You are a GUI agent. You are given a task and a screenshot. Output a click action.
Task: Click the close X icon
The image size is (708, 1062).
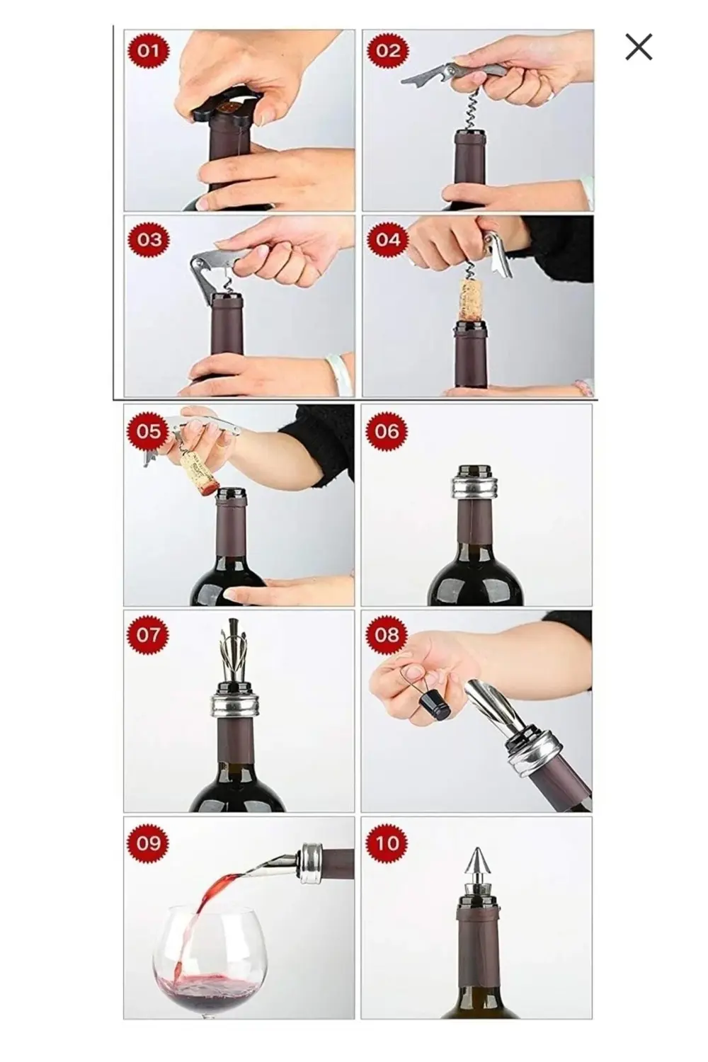pyautogui.click(x=639, y=47)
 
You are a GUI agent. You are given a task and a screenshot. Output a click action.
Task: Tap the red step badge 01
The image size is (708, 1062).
pyautogui.click(x=148, y=51)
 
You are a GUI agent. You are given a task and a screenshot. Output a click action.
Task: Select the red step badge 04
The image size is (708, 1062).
pyautogui.click(x=387, y=239)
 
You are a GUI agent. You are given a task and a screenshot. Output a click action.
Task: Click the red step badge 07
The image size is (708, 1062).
pyautogui.click(x=148, y=635)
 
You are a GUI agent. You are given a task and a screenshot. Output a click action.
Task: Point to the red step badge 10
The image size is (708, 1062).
pyautogui.click(x=387, y=843)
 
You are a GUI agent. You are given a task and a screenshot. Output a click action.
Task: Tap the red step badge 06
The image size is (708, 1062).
pyautogui.click(x=387, y=431)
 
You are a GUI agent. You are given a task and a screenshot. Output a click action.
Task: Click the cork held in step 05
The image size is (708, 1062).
pyautogui.click(x=199, y=471)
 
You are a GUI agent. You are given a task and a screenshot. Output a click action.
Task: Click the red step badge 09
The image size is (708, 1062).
pyautogui.click(x=148, y=843)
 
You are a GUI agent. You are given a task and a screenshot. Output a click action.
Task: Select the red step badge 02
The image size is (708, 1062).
pyautogui.click(x=387, y=51)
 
